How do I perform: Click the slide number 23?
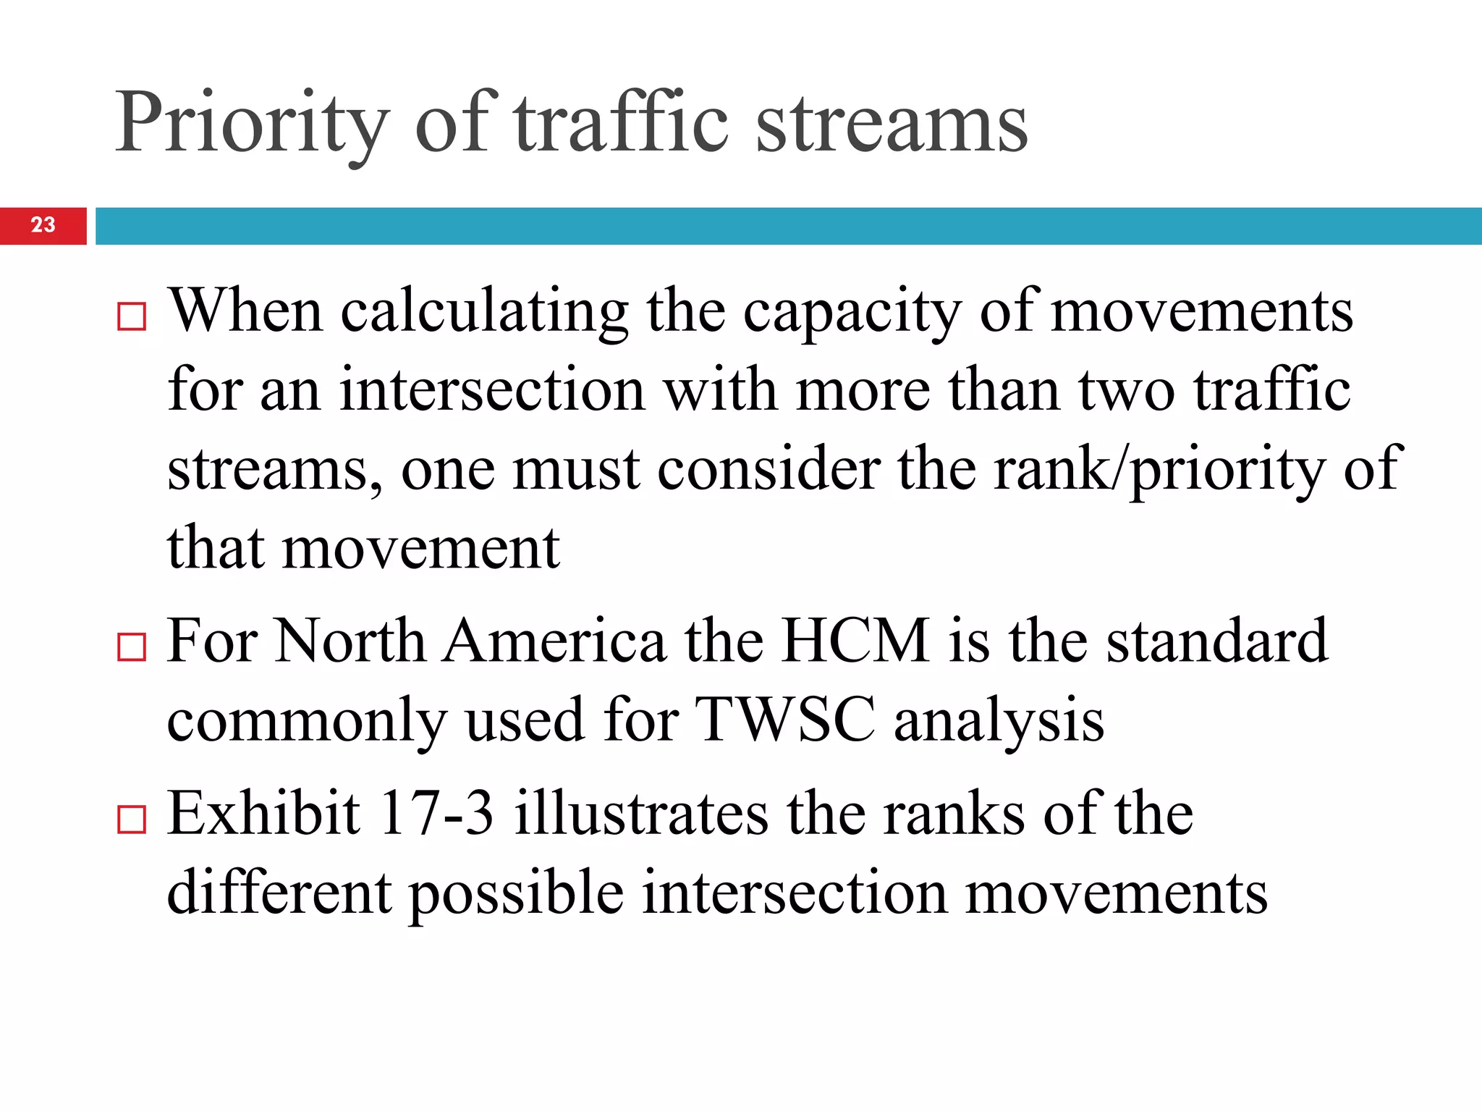tap(43, 225)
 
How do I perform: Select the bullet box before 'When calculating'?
tap(132, 316)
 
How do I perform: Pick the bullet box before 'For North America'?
tap(132, 646)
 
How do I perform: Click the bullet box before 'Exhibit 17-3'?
tap(132, 820)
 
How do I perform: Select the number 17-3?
tap(436, 814)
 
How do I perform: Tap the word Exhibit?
tap(264, 814)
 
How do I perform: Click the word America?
tap(554, 641)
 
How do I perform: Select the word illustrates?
tap(641, 814)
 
